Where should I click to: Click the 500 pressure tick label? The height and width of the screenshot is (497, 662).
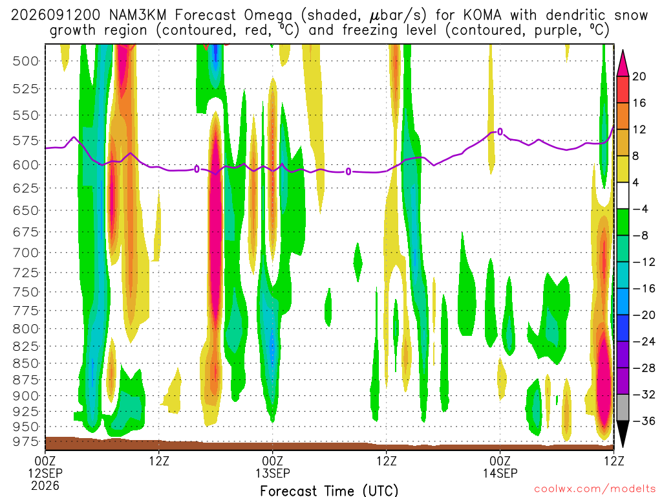(26, 61)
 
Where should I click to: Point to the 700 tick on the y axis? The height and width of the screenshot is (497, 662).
(26, 253)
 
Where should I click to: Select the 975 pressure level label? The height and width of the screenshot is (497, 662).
(26, 441)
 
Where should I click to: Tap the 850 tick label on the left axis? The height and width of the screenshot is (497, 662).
(26, 363)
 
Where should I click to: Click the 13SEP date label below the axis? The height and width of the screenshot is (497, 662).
(272, 473)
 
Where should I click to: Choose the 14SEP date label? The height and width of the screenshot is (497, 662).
(500, 473)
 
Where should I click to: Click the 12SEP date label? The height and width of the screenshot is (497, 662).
(45, 473)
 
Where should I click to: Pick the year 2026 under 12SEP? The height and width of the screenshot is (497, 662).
(45, 485)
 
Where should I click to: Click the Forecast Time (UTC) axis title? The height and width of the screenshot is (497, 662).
(329, 491)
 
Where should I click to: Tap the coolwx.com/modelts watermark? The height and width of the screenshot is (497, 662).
(595, 489)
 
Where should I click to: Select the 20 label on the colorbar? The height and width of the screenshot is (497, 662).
(639, 76)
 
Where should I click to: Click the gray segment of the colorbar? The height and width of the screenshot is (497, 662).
(623, 408)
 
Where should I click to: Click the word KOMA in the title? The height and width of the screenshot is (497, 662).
(482, 16)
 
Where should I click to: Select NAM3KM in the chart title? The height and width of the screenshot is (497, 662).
(138, 16)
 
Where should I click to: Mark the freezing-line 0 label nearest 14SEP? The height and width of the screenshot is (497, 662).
(500, 132)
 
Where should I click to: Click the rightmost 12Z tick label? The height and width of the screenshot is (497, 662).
(614, 461)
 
